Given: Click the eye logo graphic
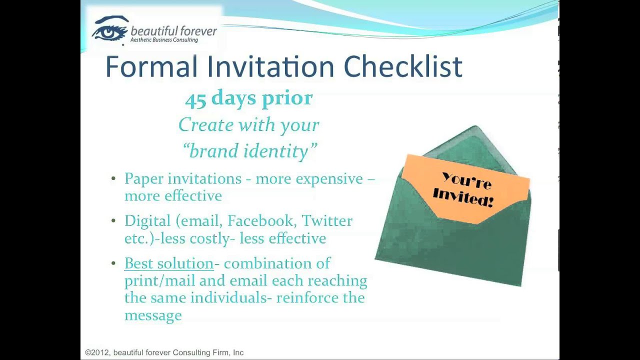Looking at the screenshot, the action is point(110,29).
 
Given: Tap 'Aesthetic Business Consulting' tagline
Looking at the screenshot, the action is point(164,40).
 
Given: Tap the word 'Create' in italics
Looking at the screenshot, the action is point(206,125).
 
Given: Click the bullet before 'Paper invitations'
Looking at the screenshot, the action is point(113,179).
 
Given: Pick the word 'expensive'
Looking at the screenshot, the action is point(329,179).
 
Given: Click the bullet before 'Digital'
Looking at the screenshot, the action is point(113,221).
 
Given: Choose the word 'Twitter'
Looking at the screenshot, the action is point(327,220).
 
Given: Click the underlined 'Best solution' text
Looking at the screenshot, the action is point(169,263).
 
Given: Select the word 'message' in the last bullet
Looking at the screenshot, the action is point(153,315).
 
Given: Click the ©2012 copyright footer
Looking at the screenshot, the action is point(164,352).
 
